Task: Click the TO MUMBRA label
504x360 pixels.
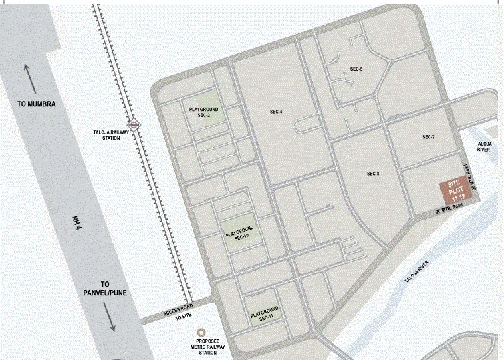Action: [x=36, y=104]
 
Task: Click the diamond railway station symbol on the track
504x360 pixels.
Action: [x=135, y=124]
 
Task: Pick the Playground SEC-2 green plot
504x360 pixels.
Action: [x=203, y=112]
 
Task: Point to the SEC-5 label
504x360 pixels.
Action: [x=356, y=69]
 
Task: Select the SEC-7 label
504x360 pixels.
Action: [x=428, y=137]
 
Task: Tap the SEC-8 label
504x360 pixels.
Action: [x=373, y=174]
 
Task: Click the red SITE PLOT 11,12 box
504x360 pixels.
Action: [x=455, y=192]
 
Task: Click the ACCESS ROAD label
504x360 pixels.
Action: [x=177, y=309]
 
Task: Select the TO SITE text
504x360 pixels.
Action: [x=183, y=318]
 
